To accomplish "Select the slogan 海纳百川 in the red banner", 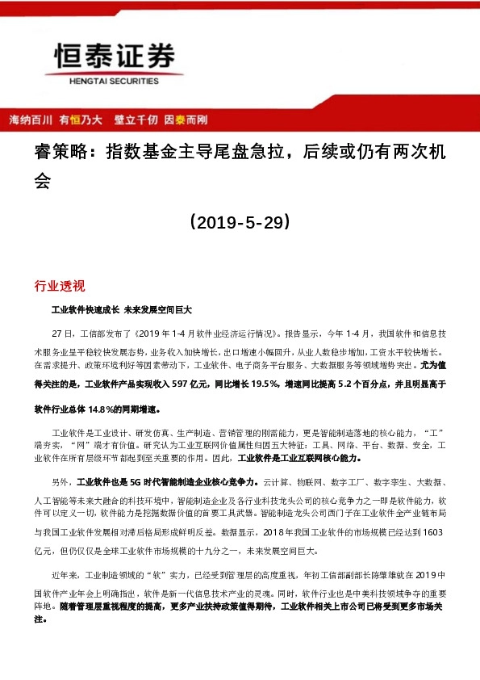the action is pyautogui.click(x=30, y=120).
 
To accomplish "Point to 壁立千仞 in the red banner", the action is pyautogui.click(x=136, y=120).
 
